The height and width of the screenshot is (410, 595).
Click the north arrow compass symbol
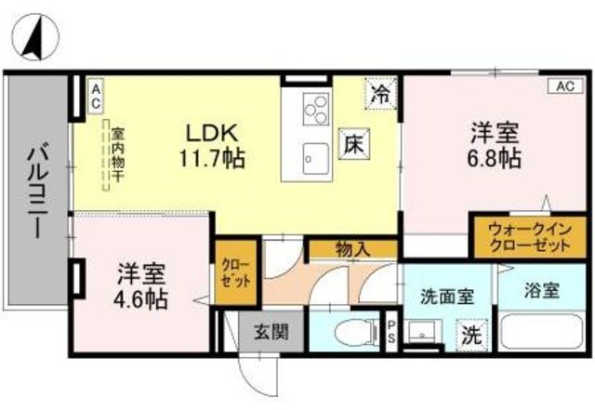coord(35,37)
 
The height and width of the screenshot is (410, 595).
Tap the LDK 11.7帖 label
coord(212,146)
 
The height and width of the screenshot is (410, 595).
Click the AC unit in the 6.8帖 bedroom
coord(565,86)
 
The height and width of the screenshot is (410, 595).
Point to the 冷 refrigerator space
coord(381,94)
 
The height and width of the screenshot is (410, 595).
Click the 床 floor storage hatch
coord(354,143)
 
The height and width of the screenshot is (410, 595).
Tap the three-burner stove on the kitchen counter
coord(316,109)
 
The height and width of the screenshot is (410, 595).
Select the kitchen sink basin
coord(316,159)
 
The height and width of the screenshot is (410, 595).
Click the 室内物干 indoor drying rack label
coord(118,154)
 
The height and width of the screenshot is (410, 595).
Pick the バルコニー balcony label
coord(38,190)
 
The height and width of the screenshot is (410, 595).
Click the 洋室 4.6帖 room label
coord(141,285)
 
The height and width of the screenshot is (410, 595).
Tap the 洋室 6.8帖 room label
coord(494,145)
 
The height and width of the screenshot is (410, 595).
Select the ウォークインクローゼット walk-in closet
coord(530,238)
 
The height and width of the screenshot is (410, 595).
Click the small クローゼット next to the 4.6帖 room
coord(236,271)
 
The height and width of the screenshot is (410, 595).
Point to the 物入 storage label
coord(352,249)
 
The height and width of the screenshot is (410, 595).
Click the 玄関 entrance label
coord(271,332)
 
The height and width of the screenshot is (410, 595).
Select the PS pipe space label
coord(391,330)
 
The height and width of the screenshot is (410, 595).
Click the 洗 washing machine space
coord(471,335)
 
